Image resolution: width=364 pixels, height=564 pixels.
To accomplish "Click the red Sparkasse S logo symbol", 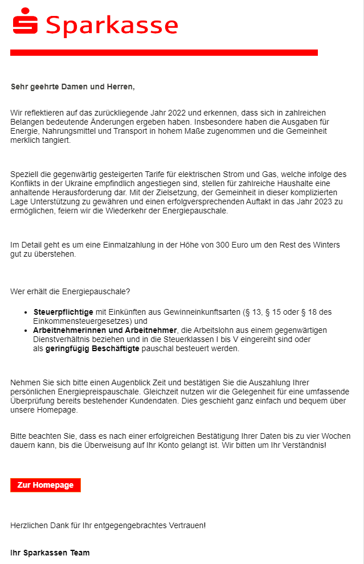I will click(x=25, y=22).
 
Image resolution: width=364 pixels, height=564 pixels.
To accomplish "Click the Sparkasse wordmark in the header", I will click(x=112, y=26).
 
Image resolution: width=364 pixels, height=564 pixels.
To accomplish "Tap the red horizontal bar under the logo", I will click(x=163, y=52).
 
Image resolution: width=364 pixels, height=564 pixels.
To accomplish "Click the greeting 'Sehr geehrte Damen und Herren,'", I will click(x=72, y=87).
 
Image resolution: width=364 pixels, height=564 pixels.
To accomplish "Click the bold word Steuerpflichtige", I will click(x=63, y=312).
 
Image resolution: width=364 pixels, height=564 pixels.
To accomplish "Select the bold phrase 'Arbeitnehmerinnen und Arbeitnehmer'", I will click(x=105, y=330).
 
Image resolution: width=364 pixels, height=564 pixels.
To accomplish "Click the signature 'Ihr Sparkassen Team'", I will click(x=50, y=553).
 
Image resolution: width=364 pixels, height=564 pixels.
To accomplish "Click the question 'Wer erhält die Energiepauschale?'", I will click(x=70, y=292).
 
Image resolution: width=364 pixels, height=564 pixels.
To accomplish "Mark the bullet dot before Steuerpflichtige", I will click(x=26, y=312).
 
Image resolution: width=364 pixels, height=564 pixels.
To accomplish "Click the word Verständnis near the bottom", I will click(x=300, y=445).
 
